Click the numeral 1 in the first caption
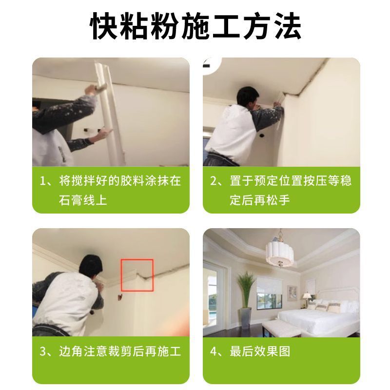43,181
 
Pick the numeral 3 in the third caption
43,351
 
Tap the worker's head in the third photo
92,268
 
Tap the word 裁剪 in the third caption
117,351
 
